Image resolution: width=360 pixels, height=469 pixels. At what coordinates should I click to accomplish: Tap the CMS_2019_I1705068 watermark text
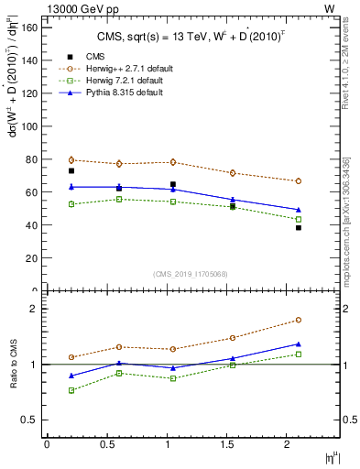[191, 274]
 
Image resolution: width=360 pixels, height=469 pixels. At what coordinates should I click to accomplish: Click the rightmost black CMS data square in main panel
[299, 228]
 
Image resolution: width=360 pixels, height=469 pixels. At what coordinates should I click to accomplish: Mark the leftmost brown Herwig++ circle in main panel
[71, 160]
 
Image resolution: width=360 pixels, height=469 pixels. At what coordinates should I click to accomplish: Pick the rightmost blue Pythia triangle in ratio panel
[299, 344]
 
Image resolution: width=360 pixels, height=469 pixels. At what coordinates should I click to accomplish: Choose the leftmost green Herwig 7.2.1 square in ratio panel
[71, 390]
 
